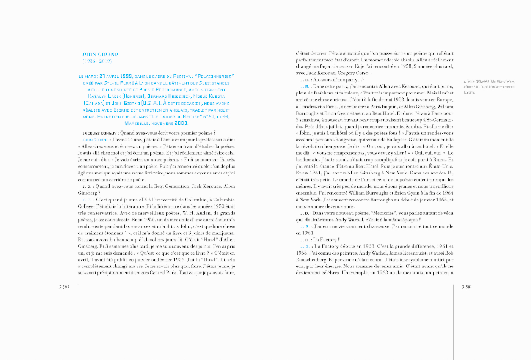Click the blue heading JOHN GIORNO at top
tap(100, 54)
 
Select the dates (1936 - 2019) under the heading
tap(97, 61)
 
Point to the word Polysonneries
tap(214, 76)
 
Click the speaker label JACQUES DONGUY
tap(97, 133)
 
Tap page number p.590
tap(64, 287)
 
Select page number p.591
tap(467, 287)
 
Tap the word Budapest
tap(396, 140)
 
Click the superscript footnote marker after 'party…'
tap(363, 79)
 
